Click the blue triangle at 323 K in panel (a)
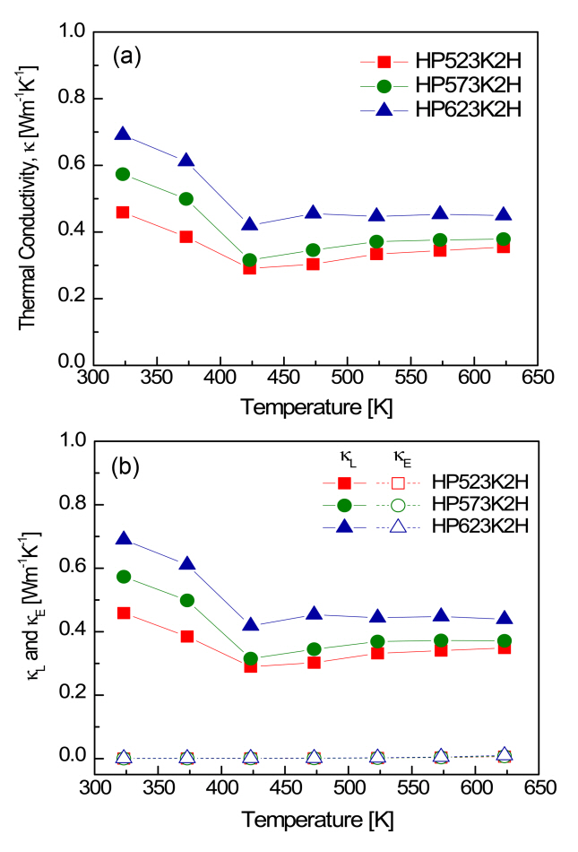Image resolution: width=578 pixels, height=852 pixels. click(123, 135)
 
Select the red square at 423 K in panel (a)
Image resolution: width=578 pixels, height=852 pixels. click(251, 267)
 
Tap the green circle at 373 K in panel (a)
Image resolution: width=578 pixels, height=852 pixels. click(186, 198)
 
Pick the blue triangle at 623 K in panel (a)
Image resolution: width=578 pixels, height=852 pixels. click(529, 215)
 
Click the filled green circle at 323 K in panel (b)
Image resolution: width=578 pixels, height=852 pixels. click(123, 577)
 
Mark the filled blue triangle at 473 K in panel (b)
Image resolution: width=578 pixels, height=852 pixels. click(315, 614)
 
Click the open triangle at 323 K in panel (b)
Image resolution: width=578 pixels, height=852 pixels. click(123, 758)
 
